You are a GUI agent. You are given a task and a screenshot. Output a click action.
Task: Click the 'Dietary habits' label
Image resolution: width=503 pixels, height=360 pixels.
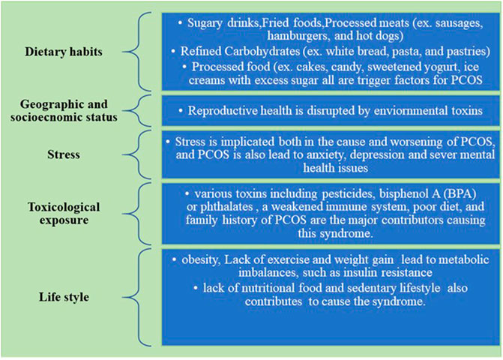(64, 52)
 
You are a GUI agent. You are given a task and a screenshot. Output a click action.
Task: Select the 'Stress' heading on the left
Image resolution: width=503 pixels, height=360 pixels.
(64, 154)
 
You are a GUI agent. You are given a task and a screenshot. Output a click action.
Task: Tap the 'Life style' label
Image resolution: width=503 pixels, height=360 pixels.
(64, 297)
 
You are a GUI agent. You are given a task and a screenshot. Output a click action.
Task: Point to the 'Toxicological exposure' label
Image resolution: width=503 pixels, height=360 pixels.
(64, 213)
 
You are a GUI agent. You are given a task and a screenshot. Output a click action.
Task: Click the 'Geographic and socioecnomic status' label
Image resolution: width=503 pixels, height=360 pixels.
(64, 110)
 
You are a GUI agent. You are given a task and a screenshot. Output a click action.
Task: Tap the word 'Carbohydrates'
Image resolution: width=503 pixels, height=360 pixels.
(262, 51)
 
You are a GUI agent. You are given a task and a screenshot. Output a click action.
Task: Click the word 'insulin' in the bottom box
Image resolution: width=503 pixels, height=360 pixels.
(359, 272)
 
